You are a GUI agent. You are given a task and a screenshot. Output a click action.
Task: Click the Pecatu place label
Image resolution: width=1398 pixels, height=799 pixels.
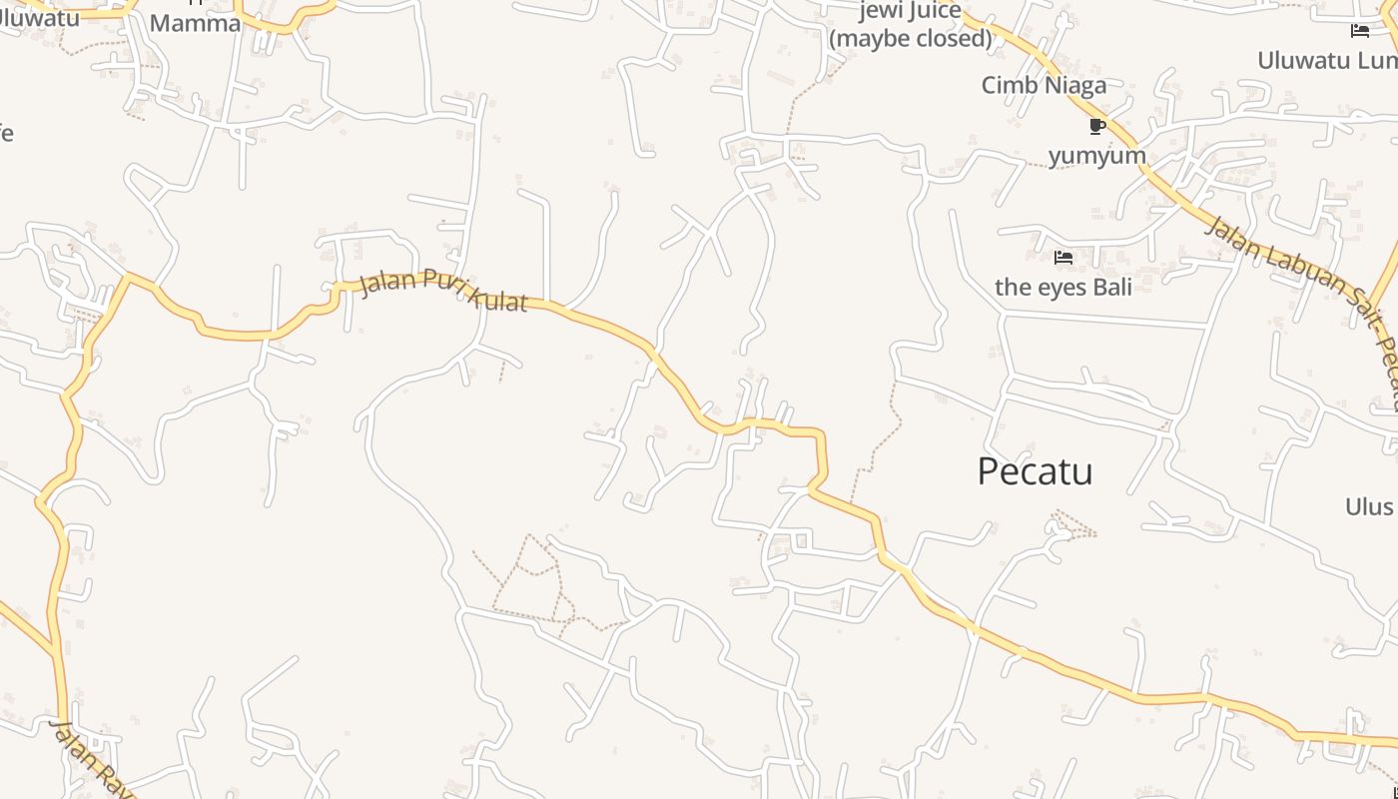(x=1035, y=471)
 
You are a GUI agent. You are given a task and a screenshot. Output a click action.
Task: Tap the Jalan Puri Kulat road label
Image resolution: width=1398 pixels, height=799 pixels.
(x=442, y=290)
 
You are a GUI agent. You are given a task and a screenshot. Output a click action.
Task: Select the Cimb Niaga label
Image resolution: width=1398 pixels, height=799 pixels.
(x=1044, y=85)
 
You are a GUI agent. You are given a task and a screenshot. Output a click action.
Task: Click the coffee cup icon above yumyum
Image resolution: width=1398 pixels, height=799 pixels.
(x=1096, y=127)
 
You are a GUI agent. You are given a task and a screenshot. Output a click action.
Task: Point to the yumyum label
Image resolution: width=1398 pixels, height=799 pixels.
(x=1096, y=156)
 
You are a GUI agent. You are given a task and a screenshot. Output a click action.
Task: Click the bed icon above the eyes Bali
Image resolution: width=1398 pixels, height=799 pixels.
(x=1063, y=258)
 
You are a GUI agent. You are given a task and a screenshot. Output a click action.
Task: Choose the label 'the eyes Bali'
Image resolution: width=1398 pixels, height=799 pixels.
(x=1063, y=288)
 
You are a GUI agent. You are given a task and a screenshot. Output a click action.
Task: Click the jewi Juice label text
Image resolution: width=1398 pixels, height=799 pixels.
(x=911, y=12)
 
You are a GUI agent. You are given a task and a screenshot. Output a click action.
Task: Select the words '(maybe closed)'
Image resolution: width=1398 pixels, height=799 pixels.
(x=911, y=39)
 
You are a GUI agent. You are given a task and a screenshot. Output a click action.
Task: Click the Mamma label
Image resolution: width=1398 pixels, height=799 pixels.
(x=195, y=23)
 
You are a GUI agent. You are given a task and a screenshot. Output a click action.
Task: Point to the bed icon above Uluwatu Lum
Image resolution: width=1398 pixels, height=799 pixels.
(x=1360, y=31)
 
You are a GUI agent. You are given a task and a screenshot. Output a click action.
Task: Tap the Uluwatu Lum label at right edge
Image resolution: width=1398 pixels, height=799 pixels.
(x=1326, y=60)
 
